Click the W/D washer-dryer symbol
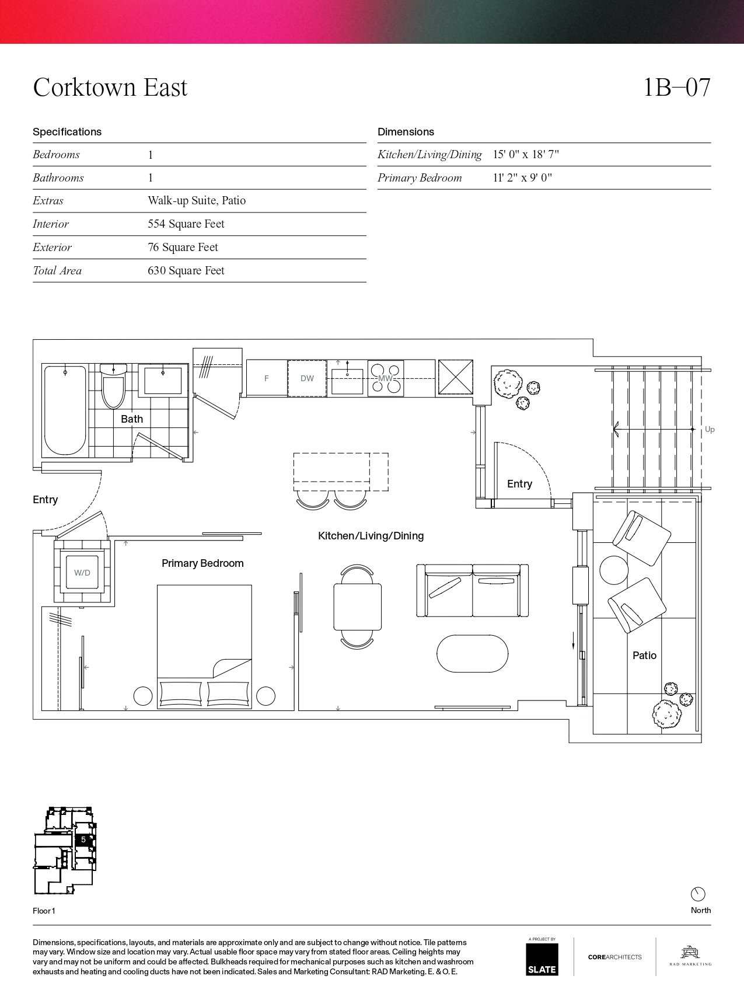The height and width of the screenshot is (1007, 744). [82, 573]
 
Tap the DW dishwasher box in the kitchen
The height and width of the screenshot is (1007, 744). [307, 378]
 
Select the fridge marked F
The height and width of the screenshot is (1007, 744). [267, 378]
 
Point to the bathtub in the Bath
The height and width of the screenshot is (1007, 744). [65, 410]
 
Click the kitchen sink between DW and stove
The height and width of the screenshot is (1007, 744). [347, 378]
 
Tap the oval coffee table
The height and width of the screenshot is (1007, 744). [473, 654]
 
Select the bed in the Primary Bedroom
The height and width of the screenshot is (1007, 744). [204, 647]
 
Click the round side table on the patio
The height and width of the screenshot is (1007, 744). [613, 570]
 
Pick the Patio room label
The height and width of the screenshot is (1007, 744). [644, 656]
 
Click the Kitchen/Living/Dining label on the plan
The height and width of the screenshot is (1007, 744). [371, 536]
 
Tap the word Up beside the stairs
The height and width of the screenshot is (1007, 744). [710, 430]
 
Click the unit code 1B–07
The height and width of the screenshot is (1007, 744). [677, 88]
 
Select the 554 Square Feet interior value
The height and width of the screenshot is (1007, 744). [186, 224]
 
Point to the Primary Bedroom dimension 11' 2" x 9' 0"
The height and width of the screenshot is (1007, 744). [522, 178]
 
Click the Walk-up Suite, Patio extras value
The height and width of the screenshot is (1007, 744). [197, 201]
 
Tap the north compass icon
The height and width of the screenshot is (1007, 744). [698, 894]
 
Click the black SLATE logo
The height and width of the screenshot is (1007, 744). [542, 959]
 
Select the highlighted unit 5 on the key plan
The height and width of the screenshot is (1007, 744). [83, 839]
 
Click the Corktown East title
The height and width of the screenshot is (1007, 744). [110, 88]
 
